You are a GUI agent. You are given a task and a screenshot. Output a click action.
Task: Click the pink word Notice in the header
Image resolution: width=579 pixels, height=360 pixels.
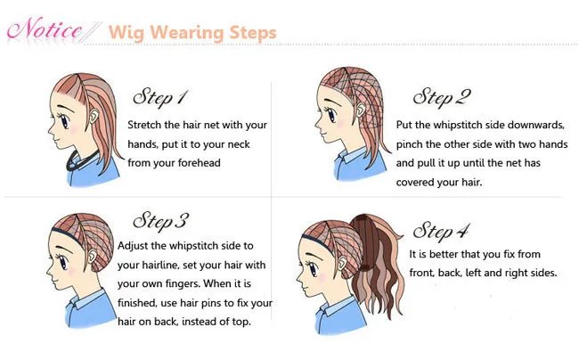click(46, 30)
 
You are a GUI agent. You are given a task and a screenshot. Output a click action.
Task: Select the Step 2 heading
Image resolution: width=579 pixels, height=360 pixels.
click(442, 96)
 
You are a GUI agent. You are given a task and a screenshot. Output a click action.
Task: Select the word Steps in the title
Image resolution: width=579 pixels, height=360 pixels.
click(250, 33)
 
